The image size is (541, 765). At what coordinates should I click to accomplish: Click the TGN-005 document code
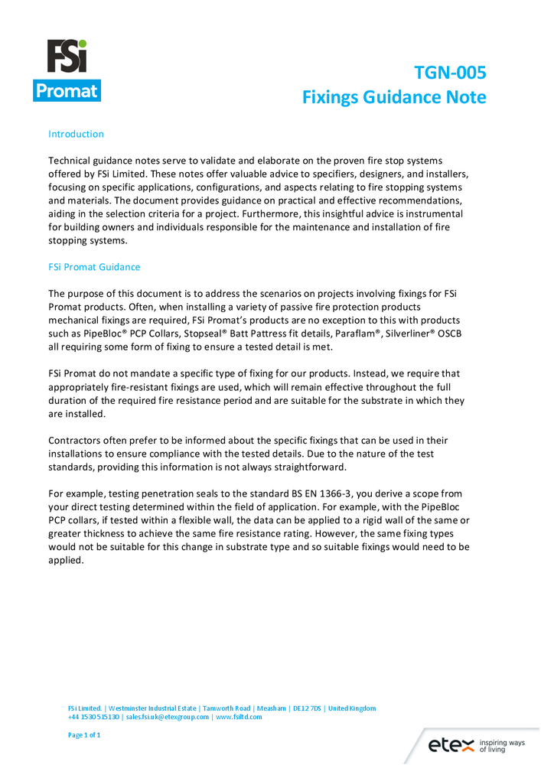coord(450,73)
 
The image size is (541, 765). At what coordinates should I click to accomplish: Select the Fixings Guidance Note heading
coord(394,97)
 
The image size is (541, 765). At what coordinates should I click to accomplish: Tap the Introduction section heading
coord(76,134)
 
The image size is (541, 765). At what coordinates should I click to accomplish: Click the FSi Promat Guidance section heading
coord(94,268)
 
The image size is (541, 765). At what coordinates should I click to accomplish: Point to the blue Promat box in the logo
coord(67,90)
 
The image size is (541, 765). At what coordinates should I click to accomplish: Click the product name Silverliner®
coord(410,334)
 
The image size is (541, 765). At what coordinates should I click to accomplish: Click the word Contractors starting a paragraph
coord(77,441)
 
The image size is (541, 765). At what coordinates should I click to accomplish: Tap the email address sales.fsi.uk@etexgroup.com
coord(168,717)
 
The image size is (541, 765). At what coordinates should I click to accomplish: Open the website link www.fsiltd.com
coord(239,717)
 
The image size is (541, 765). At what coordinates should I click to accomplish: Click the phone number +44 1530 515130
coord(93,717)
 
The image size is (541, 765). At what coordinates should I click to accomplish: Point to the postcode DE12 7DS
coord(303,708)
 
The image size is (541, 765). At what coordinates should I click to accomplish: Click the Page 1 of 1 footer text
coord(84,735)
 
